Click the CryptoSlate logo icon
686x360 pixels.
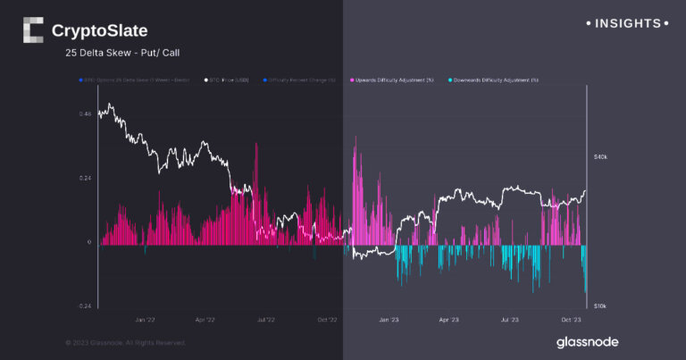click(32, 30)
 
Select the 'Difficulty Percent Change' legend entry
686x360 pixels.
click(302, 80)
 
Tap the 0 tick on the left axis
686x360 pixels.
click(88, 242)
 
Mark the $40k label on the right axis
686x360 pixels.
click(600, 157)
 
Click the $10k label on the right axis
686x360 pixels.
click(600, 306)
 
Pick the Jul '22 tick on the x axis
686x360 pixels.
click(265, 318)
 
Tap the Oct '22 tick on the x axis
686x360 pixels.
click(327, 318)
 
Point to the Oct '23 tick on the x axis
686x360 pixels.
click(572, 318)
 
